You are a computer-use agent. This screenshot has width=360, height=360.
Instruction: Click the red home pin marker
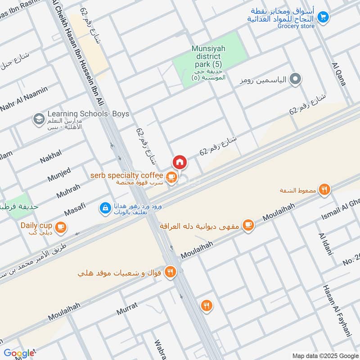pos(179,162)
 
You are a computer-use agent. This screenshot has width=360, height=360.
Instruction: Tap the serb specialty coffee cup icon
pos(171,177)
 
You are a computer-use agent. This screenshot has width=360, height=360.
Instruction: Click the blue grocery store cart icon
pos(322,17)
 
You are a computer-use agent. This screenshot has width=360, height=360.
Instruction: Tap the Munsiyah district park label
pos(206,57)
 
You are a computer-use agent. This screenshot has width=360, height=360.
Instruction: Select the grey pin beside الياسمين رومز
pos(295,80)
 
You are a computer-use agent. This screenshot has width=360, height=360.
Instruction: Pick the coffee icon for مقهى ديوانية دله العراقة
pos(248,225)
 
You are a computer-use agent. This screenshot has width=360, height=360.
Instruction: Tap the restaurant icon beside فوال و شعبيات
pos(171,272)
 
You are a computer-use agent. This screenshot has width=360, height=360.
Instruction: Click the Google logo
pos(19,353)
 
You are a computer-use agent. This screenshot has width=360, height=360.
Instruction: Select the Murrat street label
pos(127,309)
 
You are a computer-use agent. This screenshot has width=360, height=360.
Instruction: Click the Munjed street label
pos(59,174)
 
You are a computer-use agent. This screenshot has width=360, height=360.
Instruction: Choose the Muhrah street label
pos(68,191)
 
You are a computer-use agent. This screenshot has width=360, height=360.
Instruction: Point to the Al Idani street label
pos(324,244)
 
